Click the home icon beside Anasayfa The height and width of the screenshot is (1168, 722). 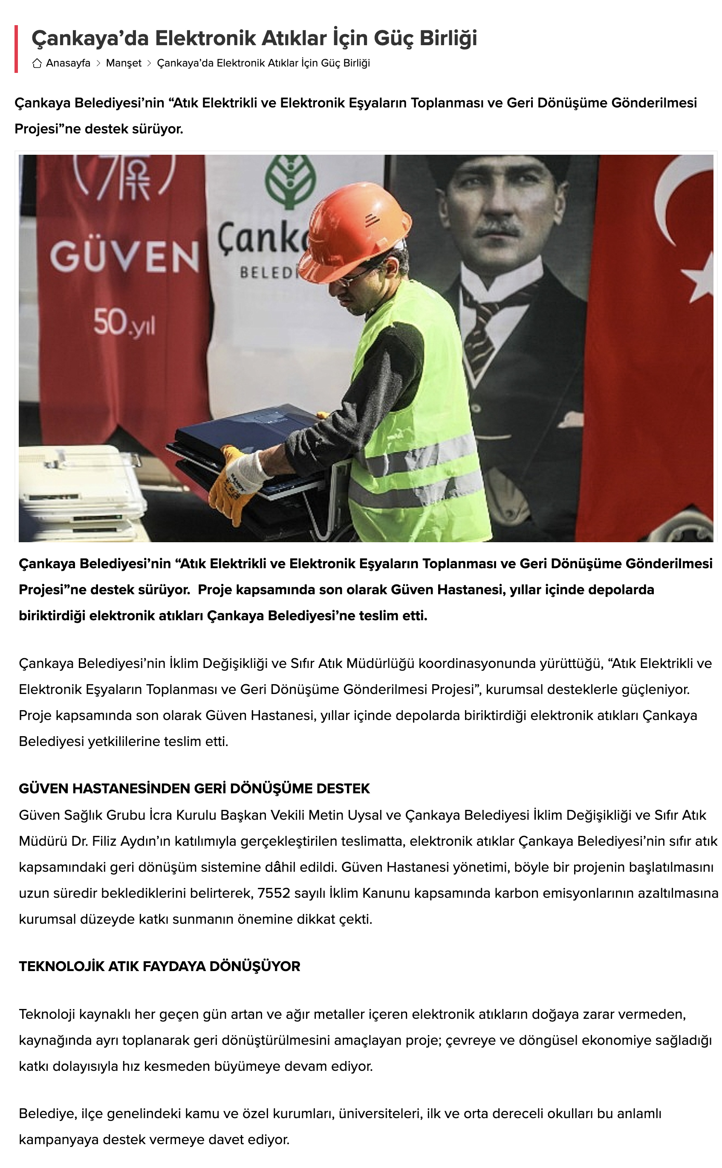pos(37,63)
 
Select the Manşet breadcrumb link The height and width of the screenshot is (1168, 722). pos(124,63)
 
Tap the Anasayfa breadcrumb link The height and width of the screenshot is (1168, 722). pos(68,63)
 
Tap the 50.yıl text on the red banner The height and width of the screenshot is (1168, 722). pos(124,323)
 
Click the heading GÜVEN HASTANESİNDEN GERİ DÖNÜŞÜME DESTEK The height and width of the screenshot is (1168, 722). pos(194,788)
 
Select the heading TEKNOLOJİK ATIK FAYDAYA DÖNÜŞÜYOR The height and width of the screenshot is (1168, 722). pos(159,966)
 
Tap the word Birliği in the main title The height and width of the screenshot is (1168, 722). pos(448,38)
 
